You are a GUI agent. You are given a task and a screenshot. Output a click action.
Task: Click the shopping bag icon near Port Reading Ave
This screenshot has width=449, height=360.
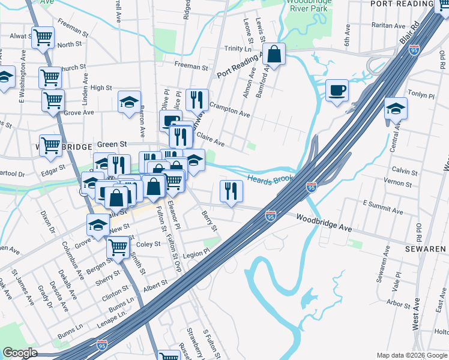point(274,55)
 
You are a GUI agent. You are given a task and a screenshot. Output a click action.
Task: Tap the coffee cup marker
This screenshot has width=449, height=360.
point(337,90)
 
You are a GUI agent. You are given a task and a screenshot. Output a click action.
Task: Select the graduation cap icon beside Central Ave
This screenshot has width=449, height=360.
point(396,109)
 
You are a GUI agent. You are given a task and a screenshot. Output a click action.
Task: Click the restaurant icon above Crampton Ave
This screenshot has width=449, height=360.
point(197,100)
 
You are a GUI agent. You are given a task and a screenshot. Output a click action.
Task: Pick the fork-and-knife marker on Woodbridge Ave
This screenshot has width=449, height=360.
point(231,191)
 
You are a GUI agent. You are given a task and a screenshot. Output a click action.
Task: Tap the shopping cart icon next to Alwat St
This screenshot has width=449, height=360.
point(43,37)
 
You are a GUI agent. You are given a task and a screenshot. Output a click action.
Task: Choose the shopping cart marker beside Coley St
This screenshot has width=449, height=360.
point(118,246)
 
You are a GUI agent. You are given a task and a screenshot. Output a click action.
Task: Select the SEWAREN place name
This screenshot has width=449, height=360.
point(425,248)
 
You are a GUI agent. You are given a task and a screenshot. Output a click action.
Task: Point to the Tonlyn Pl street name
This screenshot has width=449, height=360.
point(420,95)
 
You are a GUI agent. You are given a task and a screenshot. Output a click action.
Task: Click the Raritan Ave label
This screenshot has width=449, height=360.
point(388,26)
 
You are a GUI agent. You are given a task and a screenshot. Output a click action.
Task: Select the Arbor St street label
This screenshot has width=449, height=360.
point(399,304)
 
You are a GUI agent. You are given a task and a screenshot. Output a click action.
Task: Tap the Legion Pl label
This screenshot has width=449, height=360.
point(196,254)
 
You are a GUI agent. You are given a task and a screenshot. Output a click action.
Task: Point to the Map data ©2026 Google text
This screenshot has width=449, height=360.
point(411,355)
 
